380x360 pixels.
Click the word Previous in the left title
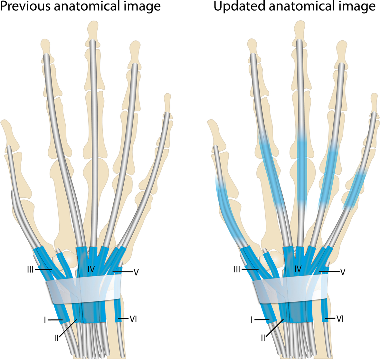point(24,6)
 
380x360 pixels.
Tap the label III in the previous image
point(30,269)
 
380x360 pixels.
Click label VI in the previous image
point(133,319)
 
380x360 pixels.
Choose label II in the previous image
point(56,338)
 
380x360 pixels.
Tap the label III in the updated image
point(237,269)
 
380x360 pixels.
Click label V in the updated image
point(343,272)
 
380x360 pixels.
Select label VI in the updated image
point(340,319)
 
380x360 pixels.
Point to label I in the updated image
point(252,320)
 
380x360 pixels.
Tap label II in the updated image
point(263,338)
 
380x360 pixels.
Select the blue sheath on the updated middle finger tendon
point(301,167)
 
